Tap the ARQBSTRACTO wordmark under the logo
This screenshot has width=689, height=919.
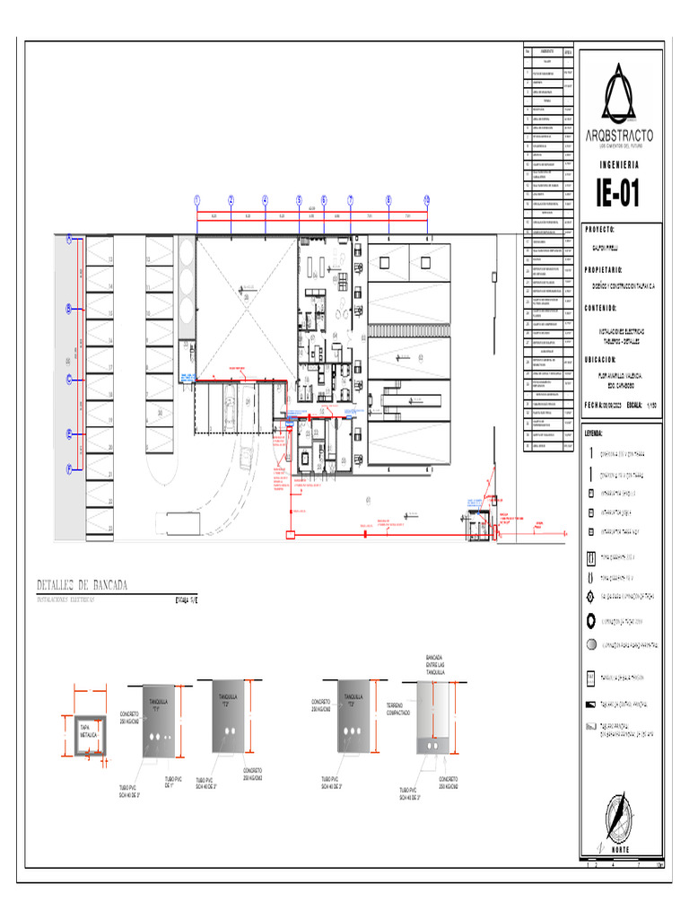click(619, 136)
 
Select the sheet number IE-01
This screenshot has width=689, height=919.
click(618, 193)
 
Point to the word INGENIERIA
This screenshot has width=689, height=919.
click(619, 165)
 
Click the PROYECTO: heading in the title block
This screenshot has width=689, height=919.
click(604, 230)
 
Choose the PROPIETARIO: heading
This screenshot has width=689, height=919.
click(609, 269)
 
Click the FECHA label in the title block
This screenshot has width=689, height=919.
click(594, 405)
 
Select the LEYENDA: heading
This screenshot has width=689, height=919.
click(597, 433)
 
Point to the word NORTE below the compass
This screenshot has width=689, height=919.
click(620, 849)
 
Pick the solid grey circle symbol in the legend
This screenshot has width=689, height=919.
click(590, 644)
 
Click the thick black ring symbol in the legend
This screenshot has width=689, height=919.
click(590, 620)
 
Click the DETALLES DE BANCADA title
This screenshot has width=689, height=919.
click(83, 585)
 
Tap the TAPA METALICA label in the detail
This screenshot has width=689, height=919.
click(88, 731)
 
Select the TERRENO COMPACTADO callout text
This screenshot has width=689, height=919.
click(400, 709)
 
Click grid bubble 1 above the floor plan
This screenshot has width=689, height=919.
click(196, 200)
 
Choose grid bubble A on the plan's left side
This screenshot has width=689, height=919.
click(68, 239)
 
